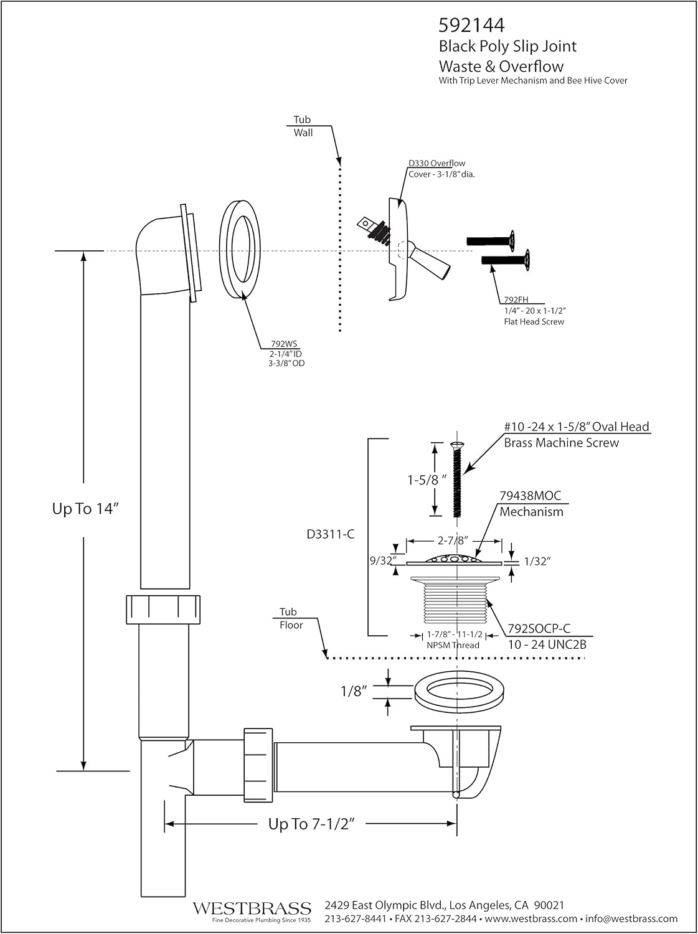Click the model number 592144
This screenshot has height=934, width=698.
tap(471, 25)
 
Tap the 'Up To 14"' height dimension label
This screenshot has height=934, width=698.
tap(85, 509)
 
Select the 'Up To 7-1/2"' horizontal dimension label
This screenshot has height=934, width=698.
tap(311, 824)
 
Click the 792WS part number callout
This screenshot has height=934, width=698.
tap(283, 343)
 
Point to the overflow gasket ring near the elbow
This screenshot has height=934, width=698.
tap(240, 250)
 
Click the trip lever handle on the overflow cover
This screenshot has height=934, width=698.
tap(431, 263)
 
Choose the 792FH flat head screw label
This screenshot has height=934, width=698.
tap(515, 300)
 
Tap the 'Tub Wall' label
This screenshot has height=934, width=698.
tap(303, 126)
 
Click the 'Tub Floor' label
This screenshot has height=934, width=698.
tap(290, 618)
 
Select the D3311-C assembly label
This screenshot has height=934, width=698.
tap(331, 534)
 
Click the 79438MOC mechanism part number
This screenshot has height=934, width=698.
tap(530, 496)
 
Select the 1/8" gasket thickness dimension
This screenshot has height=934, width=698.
tap(354, 691)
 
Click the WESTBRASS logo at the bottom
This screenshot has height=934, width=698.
tap(252, 908)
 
